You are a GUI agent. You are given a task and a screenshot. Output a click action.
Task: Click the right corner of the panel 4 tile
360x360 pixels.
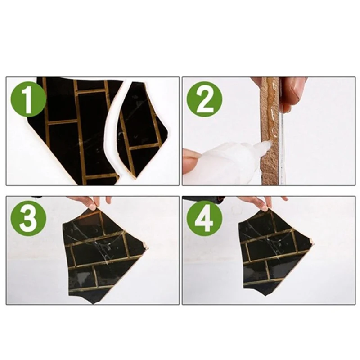(x=313, y=243)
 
